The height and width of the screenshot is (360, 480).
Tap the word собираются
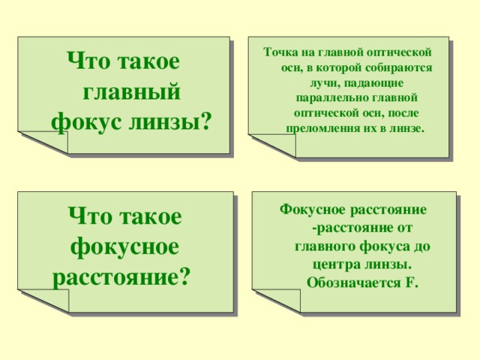[x=400, y=67]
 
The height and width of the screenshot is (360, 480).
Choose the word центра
[x=332, y=265]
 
